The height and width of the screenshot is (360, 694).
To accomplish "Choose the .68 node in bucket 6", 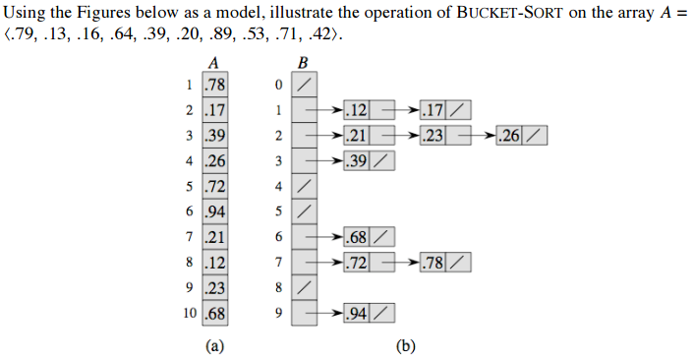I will pos(357,237).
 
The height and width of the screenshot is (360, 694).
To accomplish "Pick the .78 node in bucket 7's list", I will pos(432,263).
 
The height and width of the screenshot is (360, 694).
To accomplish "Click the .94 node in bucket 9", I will pos(357,314).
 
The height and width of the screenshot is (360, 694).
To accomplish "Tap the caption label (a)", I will pos(214,346).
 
